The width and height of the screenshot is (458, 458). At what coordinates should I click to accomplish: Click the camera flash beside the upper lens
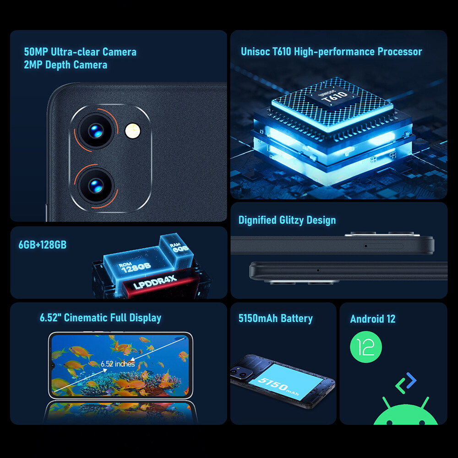pyautogui.click(x=133, y=131)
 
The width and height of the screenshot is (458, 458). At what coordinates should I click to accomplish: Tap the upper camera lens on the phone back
pyautogui.click(x=96, y=131)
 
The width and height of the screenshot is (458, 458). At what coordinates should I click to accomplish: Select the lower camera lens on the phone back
pyautogui.click(x=96, y=186)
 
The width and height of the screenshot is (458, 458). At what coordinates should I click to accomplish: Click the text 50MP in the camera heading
pyautogui.click(x=36, y=52)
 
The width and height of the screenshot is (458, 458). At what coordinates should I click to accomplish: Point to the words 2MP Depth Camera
pyautogui.click(x=65, y=65)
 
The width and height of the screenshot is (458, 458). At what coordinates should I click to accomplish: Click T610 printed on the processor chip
pyautogui.click(x=335, y=97)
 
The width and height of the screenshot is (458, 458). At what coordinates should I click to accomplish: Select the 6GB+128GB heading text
pyautogui.click(x=43, y=245)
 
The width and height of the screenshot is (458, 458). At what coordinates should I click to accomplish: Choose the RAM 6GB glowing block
pyautogui.click(x=177, y=249)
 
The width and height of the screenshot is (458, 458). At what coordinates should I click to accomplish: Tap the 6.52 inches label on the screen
pyautogui.click(x=118, y=364)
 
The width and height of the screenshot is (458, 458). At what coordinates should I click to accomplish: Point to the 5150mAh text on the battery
pyautogui.click(x=278, y=386)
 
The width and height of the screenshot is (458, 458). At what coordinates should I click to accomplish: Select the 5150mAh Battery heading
pyautogui.click(x=275, y=318)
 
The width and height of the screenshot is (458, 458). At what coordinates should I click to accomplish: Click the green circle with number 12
pyautogui.click(x=365, y=347)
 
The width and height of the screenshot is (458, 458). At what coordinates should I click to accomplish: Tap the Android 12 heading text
pyautogui.click(x=373, y=319)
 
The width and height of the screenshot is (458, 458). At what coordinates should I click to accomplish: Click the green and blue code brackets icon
pyautogui.click(x=406, y=383)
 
